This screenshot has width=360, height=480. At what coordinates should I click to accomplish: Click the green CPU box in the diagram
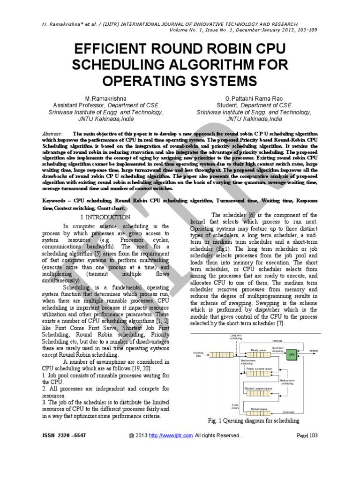(292, 355)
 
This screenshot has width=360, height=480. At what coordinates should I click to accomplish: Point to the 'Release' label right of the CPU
(314, 350)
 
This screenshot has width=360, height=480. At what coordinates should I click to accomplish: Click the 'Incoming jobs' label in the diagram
(199, 355)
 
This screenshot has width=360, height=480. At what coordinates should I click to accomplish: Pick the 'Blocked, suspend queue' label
(259, 389)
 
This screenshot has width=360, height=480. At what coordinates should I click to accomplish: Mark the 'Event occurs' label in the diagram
(235, 406)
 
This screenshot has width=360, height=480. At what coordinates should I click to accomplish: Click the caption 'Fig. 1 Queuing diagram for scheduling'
(254, 421)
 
